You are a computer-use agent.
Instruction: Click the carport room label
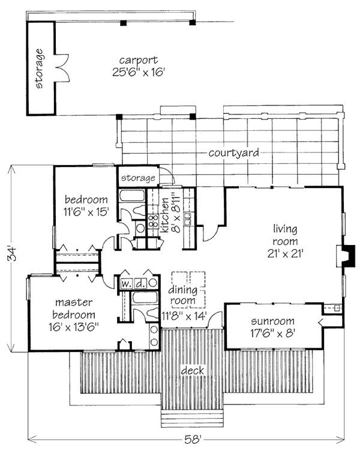pyautogui.click(x=139, y=61)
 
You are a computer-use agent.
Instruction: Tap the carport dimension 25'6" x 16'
pyautogui.click(x=139, y=72)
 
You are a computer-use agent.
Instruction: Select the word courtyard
pyautogui.click(x=233, y=153)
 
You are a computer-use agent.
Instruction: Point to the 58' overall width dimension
pyautogui.click(x=193, y=440)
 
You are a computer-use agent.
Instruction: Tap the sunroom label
pyautogui.click(x=272, y=321)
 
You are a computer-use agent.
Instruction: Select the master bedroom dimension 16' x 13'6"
pyautogui.click(x=74, y=327)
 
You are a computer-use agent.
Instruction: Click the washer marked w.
pyautogui.click(x=126, y=283)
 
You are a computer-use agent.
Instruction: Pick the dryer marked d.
pyautogui.click(x=140, y=283)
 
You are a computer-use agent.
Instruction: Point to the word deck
pyautogui.click(x=193, y=371)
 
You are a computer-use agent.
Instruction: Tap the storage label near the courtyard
pyautogui.click(x=138, y=178)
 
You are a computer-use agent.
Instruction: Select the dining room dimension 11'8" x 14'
pyautogui.click(x=184, y=316)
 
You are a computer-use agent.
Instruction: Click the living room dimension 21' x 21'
pyautogui.click(x=285, y=254)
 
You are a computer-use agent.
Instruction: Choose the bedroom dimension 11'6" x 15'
pyautogui.click(x=86, y=212)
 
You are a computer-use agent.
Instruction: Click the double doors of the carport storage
pyautogui.click(x=62, y=68)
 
